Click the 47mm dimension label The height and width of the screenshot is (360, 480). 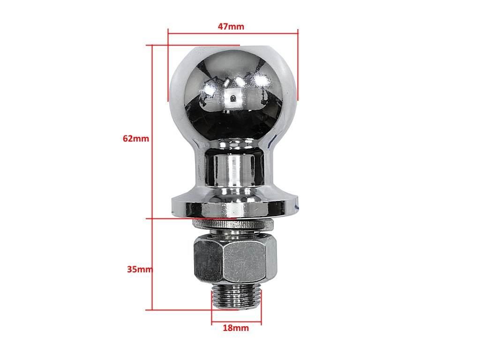(231, 26)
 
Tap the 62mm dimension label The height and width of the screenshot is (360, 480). (135, 138)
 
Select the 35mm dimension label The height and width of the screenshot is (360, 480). (140, 270)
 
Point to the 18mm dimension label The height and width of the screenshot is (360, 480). (236, 328)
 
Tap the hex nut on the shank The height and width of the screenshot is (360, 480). (235, 260)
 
